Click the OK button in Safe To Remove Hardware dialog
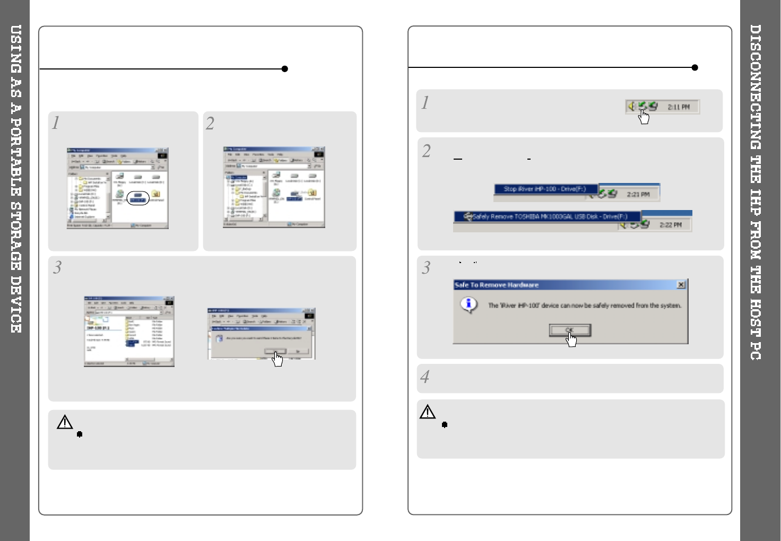570,330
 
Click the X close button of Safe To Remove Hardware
681,285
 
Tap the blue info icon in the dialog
468,304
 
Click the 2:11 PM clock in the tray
679,107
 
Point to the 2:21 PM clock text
638,194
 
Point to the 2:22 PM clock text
670,225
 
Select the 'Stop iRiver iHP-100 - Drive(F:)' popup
545,189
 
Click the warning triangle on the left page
65,422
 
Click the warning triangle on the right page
428,412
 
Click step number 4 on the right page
425,377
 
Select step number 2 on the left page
210,124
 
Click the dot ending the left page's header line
285,69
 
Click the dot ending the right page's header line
695,68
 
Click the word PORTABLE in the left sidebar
16,160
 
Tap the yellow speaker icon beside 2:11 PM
631,107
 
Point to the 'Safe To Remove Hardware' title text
496,285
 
